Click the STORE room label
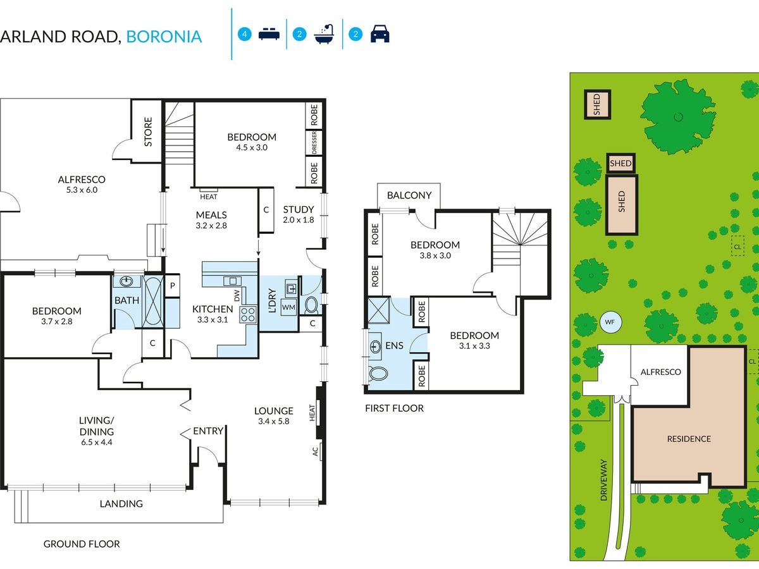click(148, 132)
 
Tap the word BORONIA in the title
click(164, 37)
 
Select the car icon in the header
click(379, 34)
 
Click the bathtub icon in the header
click(324, 34)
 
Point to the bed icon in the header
click(269, 34)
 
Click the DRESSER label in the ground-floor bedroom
click(314, 142)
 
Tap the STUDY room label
click(299, 209)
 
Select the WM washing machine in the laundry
click(288, 307)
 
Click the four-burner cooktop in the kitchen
click(248, 315)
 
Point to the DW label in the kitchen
click(237, 296)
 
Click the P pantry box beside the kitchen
click(172, 286)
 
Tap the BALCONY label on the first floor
click(409, 195)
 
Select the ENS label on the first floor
click(394, 345)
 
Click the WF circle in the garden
click(610, 322)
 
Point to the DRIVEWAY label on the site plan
click(603, 480)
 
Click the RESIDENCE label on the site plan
click(689, 439)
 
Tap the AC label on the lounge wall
click(315, 451)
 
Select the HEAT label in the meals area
click(209, 197)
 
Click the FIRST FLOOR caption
click(394, 408)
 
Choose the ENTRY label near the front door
click(208, 431)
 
